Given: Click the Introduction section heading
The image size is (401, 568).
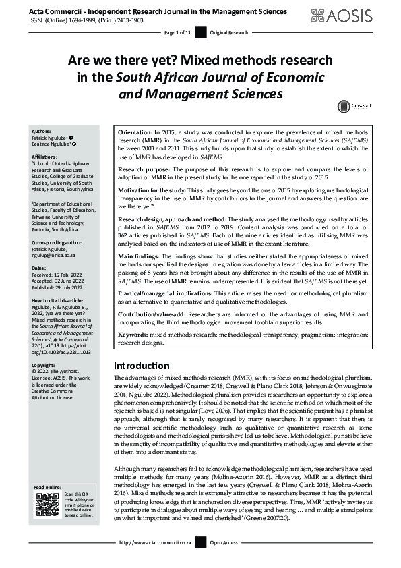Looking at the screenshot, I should [x=142, y=365].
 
